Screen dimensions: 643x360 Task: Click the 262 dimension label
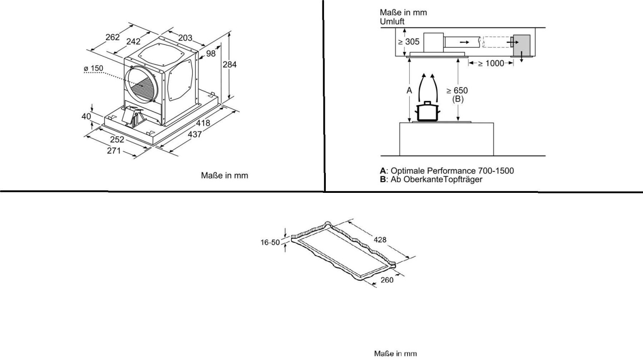pyautogui.click(x=112, y=37)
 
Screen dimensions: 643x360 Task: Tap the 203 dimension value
pyautogui.click(x=185, y=38)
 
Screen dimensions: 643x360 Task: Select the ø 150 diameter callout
pyautogui.click(x=93, y=68)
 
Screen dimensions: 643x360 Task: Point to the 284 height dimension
pyautogui.click(x=230, y=65)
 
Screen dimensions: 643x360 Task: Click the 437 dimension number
pyautogui.click(x=195, y=134)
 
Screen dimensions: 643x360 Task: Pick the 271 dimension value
pyautogui.click(x=114, y=150)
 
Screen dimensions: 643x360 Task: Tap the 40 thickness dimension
pyautogui.click(x=86, y=116)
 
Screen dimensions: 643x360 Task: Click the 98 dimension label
pyautogui.click(x=211, y=54)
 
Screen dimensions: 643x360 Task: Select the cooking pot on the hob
pyautogui.click(x=428, y=111)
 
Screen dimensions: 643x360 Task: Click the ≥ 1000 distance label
pyautogui.click(x=491, y=63)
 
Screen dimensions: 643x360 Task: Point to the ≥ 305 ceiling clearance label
pyautogui.click(x=409, y=42)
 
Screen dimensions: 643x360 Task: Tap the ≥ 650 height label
pyautogui.click(x=457, y=90)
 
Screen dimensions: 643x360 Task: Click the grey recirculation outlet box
pyautogui.click(x=522, y=46)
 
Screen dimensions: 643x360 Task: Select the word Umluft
pyautogui.click(x=392, y=21)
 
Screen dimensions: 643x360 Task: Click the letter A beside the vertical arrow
pyautogui.click(x=409, y=90)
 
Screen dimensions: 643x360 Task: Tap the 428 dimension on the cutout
pyautogui.click(x=380, y=240)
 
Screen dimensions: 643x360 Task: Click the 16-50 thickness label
pyautogui.click(x=270, y=243)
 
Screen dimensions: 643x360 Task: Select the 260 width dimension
pyautogui.click(x=387, y=280)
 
